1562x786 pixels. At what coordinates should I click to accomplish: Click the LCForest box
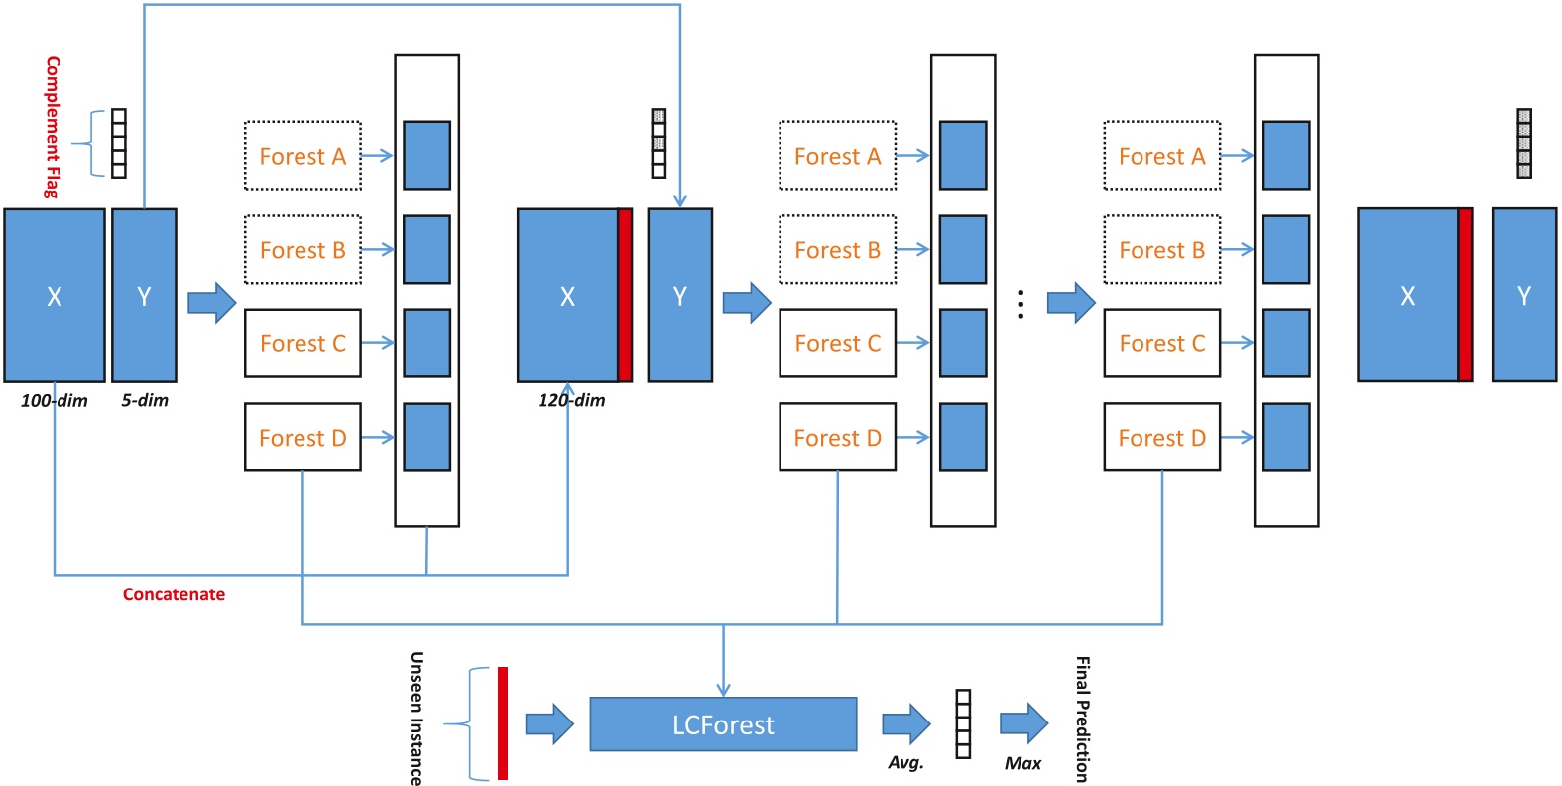tap(723, 724)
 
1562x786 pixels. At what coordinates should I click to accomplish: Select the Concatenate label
tap(174, 594)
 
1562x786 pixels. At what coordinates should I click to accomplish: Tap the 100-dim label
tap(55, 401)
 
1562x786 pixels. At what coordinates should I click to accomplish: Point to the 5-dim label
tap(145, 401)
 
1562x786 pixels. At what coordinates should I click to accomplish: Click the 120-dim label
tap(572, 401)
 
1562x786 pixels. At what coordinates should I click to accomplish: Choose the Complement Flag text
tap(53, 127)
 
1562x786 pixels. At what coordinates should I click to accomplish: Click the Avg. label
tap(905, 762)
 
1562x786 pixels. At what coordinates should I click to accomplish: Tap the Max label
tap(1022, 763)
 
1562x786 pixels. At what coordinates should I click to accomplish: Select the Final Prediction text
tap(1083, 719)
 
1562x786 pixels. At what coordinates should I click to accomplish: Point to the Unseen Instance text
tap(417, 719)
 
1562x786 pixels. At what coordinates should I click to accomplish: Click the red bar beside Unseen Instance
tap(503, 723)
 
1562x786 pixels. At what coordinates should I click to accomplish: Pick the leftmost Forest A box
tap(302, 156)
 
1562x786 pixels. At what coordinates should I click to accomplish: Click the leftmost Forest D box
tap(302, 437)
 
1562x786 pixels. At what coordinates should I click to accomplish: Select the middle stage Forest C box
tap(837, 343)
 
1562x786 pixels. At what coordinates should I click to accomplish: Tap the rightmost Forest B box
tap(1161, 250)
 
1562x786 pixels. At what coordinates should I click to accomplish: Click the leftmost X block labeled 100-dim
tap(55, 296)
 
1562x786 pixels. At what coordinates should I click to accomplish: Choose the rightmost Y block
tap(1523, 296)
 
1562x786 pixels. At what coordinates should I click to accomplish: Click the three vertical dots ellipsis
tap(1021, 305)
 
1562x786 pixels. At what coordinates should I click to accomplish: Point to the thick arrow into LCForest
tap(549, 724)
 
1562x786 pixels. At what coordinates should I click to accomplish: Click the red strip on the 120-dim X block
tap(625, 296)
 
